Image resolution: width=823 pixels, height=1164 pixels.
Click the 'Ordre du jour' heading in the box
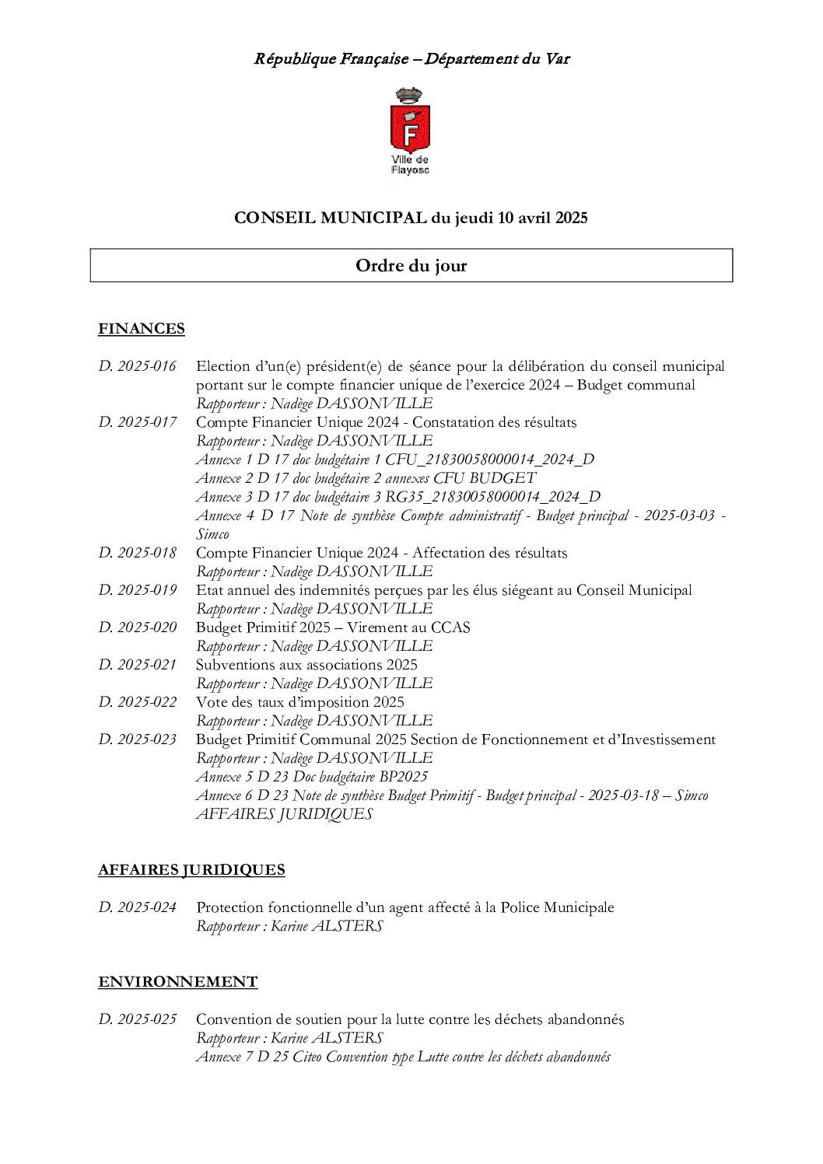[411, 266]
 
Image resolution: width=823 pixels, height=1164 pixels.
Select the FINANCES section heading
[142, 328]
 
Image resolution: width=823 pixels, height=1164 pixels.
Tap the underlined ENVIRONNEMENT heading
[177, 981]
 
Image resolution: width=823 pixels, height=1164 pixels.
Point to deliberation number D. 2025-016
[138, 366]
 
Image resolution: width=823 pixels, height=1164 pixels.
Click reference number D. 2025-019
[138, 590]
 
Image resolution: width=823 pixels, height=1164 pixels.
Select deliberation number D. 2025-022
[138, 702]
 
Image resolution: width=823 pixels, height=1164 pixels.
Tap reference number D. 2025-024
[138, 907]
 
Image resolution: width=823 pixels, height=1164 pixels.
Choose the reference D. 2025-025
[138, 1019]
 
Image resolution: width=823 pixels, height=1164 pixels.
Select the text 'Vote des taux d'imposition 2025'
[299, 702]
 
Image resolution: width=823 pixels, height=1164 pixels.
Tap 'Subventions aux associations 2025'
[306, 665]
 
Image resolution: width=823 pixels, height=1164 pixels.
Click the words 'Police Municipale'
[557, 907]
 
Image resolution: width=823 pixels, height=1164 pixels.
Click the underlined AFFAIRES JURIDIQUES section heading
[191, 869]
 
